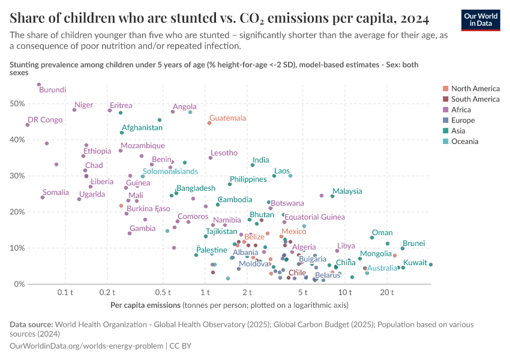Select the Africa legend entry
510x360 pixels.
pyautogui.click(x=461, y=110)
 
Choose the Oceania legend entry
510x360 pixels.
pyautogui.click(x=465, y=142)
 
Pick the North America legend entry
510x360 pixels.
pyautogui.click(x=475, y=88)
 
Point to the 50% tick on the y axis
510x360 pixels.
pyautogui.click(x=16, y=104)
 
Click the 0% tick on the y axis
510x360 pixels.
pyautogui.click(x=18, y=284)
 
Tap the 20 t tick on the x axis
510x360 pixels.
pyautogui.click(x=387, y=292)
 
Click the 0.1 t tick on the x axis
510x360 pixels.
pyautogui.click(x=65, y=292)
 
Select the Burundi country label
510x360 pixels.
pyautogui.click(x=52, y=90)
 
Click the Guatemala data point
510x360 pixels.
pyautogui.click(x=209, y=123)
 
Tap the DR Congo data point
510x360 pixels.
pyautogui.click(x=28, y=125)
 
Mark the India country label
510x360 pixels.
pyautogui.click(x=260, y=160)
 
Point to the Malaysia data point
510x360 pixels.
pyautogui.click(x=332, y=196)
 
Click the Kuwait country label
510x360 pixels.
pyautogui.click(x=415, y=263)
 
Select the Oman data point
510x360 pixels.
pyautogui.click(x=372, y=238)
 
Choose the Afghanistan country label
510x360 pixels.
pyautogui.click(x=142, y=128)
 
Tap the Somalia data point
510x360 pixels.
pyautogui.click(x=43, y=197)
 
